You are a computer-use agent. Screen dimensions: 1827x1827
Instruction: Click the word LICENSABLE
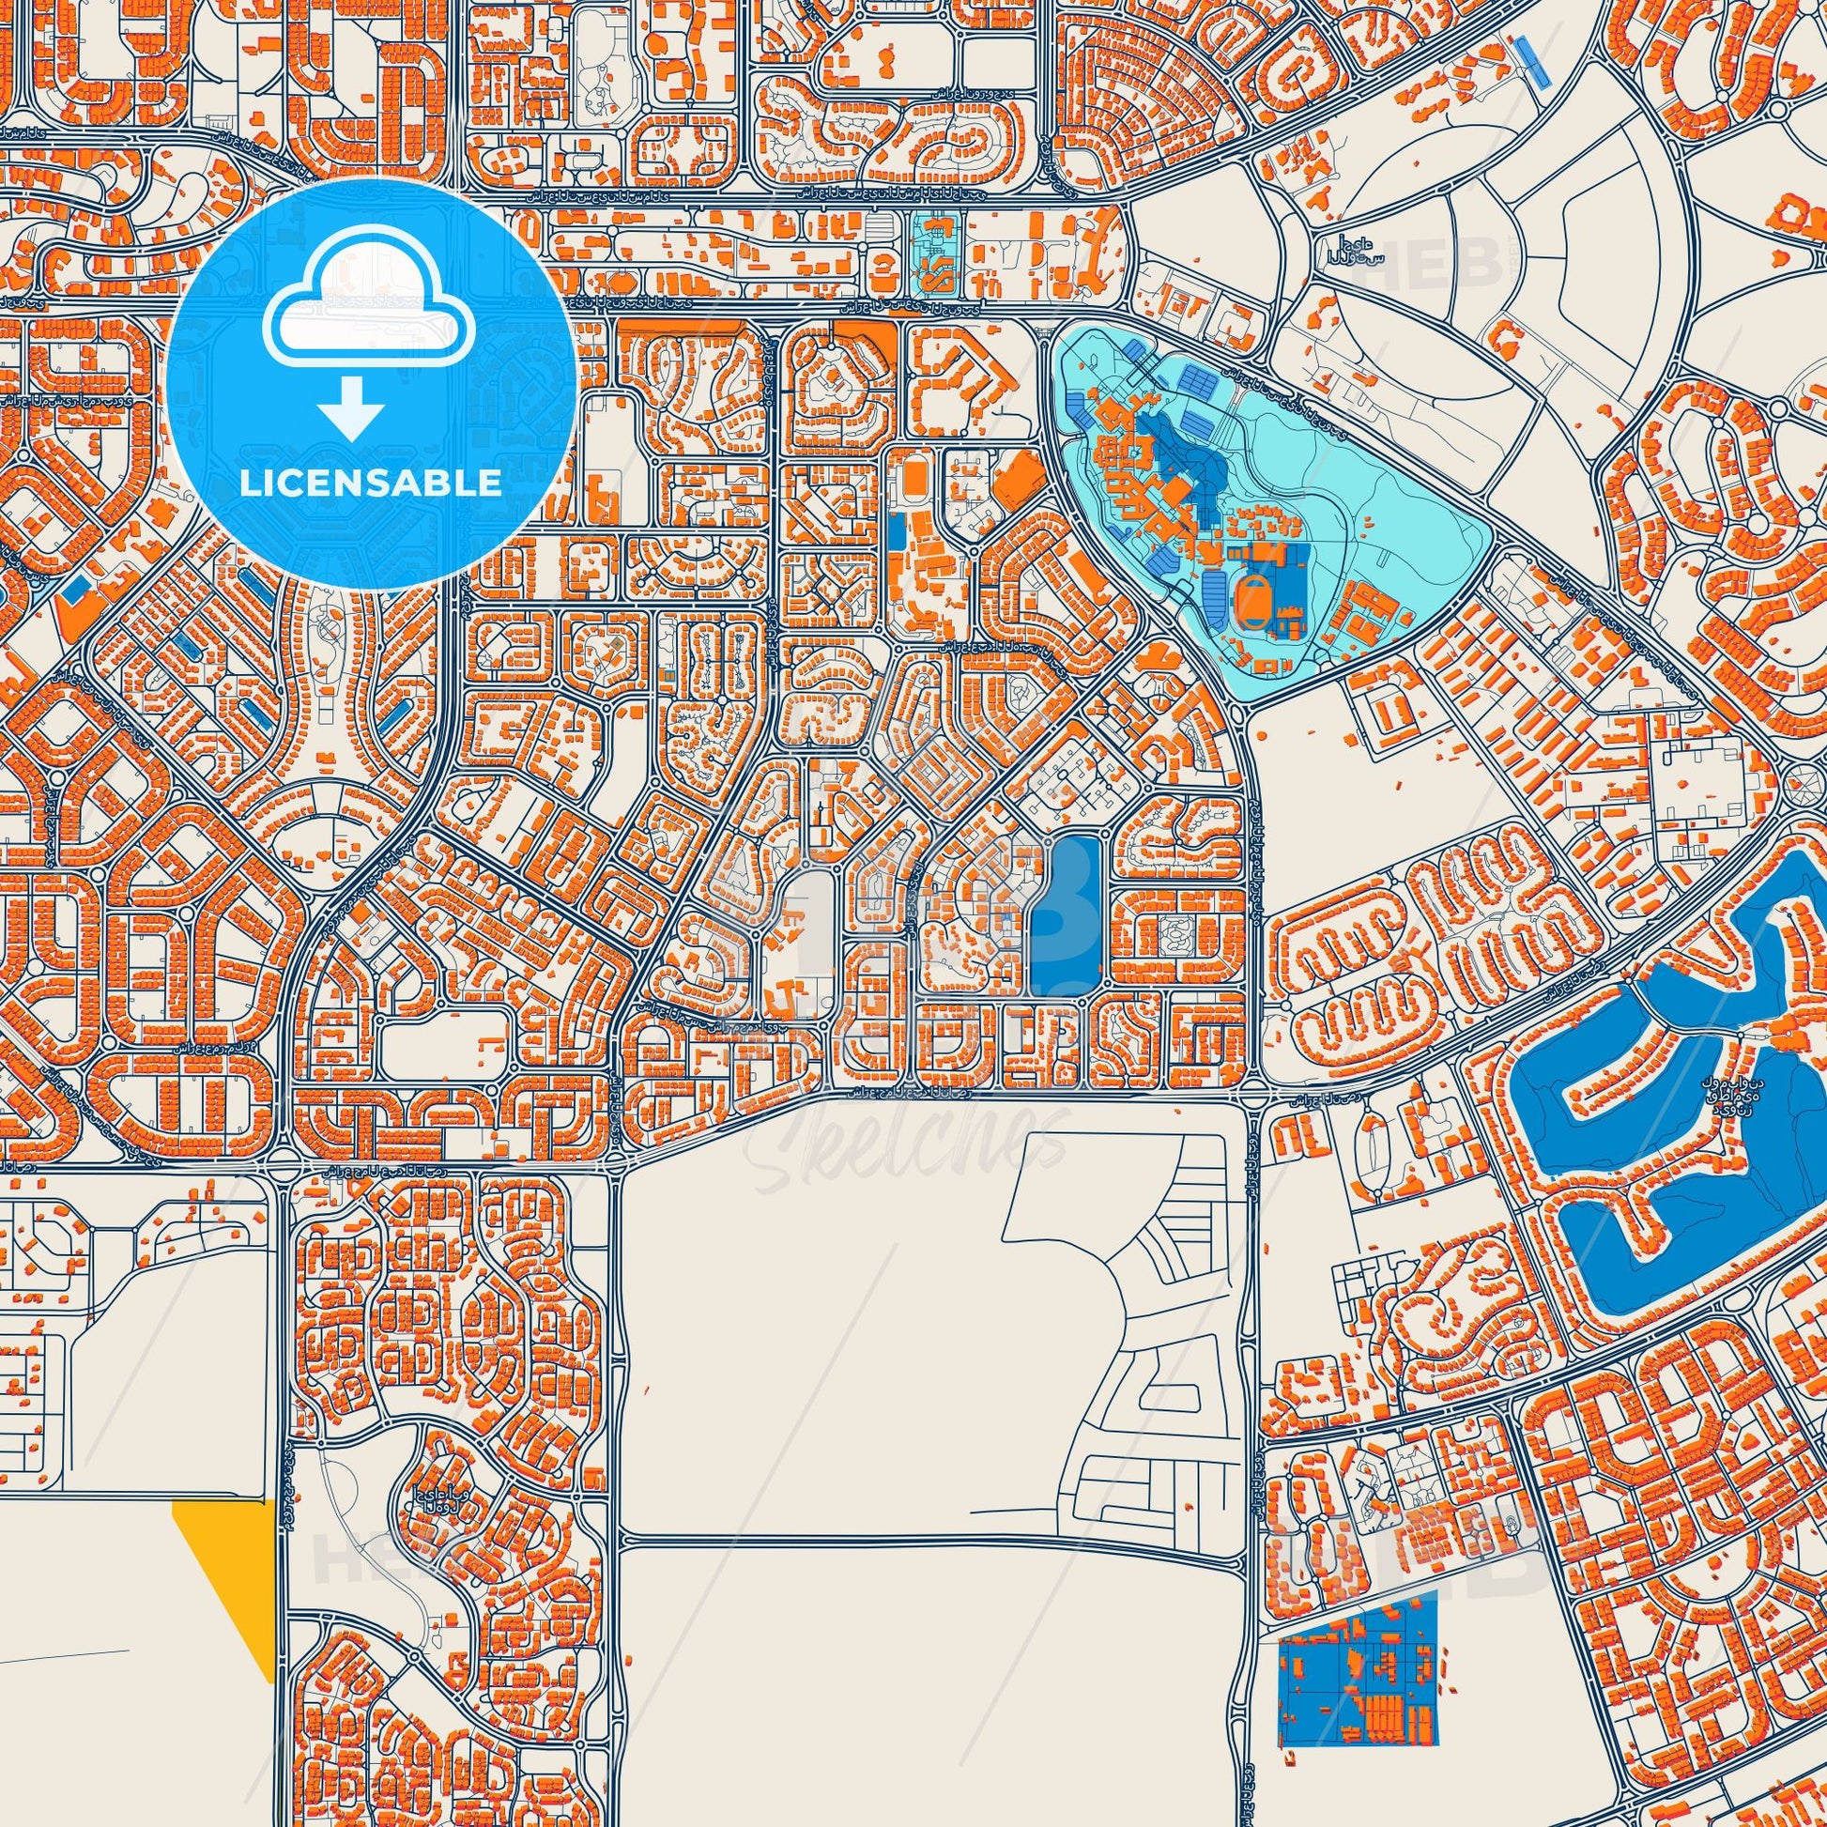[370, 484]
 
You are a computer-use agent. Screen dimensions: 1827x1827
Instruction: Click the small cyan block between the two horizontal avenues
[935, 253]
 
